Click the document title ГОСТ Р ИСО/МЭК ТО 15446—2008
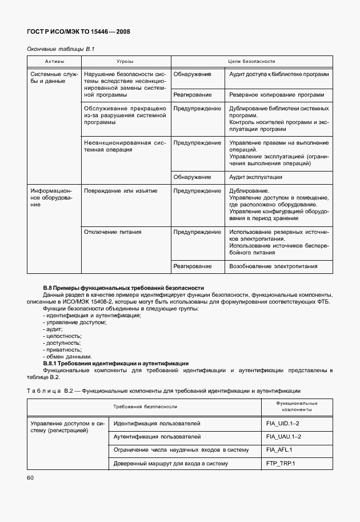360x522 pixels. [79, 32]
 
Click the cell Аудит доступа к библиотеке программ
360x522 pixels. [278, 74]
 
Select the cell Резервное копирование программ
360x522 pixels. [276, 94]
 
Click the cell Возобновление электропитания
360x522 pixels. [273, 266]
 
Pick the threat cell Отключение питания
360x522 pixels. [113, 232]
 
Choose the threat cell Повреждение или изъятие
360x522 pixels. [120, 190]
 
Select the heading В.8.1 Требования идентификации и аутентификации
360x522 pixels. [116, 363]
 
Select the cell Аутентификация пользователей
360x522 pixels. [157, 436]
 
